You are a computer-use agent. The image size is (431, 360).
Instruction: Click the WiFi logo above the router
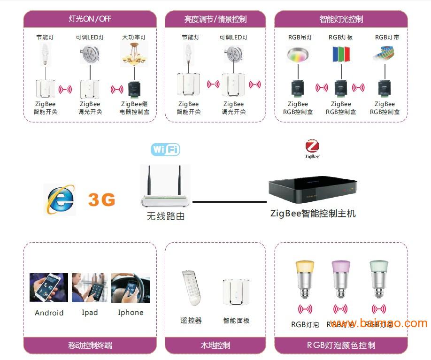165,150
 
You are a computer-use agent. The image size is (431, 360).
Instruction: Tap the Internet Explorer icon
59,199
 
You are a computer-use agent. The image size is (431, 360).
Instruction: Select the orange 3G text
101,200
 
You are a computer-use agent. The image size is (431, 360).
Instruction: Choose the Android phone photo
49,288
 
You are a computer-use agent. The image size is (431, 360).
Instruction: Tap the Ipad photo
90,288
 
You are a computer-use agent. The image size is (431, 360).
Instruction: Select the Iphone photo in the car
131,288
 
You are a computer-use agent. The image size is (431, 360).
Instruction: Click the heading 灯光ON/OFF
90,19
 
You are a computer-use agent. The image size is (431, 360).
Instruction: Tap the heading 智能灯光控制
341,19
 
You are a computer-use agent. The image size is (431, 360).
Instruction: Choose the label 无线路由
166,216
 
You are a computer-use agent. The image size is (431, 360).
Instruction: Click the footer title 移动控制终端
90,346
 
